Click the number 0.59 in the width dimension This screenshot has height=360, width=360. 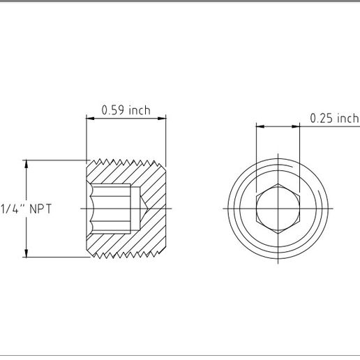(x=113, y=110)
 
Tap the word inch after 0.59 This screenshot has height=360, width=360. (x=138, y=110)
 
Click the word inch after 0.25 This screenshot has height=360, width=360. (x=347, y=119)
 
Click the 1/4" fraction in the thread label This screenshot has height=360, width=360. (x=12, y=209)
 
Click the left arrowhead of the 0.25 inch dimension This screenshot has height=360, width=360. (x=260, y=126)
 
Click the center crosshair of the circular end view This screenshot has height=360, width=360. (x=278, y=208)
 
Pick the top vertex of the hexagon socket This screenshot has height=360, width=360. (x=278, y=186)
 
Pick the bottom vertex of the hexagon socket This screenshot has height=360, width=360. (x=278, y=231)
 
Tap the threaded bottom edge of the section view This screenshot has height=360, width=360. (x=126, y=253)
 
